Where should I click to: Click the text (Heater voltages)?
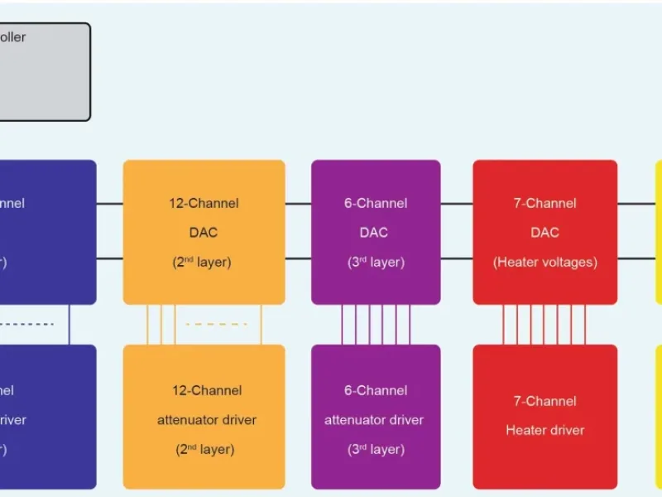click(544, 263)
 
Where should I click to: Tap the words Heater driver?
click(544, 430)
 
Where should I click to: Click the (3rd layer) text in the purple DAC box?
click(376, 263)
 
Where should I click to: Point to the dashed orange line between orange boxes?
click(216, 324)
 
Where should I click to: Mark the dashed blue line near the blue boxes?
click(25, 324)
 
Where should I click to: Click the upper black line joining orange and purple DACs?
click(298, 203)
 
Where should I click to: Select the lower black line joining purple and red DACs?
click(457, 258)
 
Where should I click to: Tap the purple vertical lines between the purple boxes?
click(376, 324)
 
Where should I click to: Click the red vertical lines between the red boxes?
click(544, 324)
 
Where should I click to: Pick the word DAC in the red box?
click(544, 233)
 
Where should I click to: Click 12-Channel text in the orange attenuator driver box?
click(204, 390)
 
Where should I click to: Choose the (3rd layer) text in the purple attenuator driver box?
click(376, 450)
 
